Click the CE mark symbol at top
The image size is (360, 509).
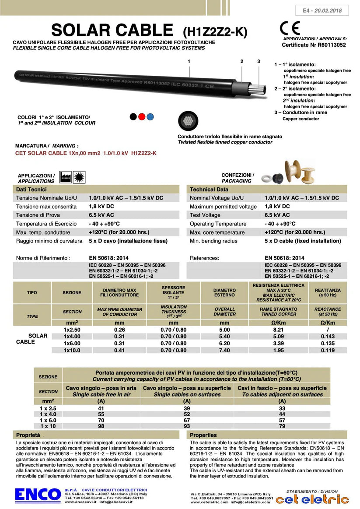(x=290, y=28)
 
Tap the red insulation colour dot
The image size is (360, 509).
(x=142, y=117)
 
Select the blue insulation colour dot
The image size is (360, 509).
(x=150, y=117)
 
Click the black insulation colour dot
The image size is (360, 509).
(x=133, y=117)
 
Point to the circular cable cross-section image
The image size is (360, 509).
(x=188, y=121)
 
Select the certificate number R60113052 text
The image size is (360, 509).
(x=314, y=45)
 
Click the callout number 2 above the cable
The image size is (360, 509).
(x=241, y=62)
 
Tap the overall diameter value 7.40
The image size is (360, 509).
(x=224, y=350)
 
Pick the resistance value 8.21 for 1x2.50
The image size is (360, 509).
(x=279, y=330)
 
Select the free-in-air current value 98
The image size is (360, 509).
(x=101, y=426)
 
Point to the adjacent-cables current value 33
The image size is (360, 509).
(x=282, y=408)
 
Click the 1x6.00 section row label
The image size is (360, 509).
(x=72, y=344)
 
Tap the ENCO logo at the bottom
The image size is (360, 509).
(x=38, y=495)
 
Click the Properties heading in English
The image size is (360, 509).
(x=203, y=435)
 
